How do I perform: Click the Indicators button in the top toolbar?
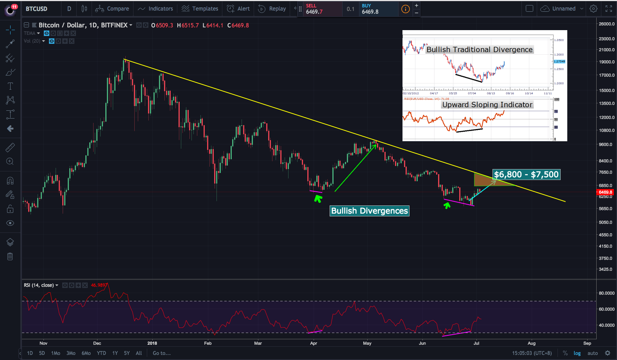(155, 9)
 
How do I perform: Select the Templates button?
(200, 9)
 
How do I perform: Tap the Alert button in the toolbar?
(238, 9)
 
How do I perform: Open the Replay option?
(272, 9)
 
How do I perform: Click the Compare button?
(112, 9)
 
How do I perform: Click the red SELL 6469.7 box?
(319, 9)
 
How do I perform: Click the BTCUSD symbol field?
(37, 9)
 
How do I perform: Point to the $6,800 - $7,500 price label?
(526, 175)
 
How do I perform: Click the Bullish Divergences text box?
(370, 211)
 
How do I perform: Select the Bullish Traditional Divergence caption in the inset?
(480, 50)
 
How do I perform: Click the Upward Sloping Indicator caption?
(487, 104)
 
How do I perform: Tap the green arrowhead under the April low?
(318, 199)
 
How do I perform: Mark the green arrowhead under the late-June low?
(447, 205)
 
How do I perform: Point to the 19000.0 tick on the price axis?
(606, 62)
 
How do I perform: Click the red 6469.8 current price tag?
(605, 192)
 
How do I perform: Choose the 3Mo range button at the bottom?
(71, 353)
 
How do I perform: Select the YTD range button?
(101, 353)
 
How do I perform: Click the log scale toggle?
(577, 353)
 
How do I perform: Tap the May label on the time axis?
(367, 343)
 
